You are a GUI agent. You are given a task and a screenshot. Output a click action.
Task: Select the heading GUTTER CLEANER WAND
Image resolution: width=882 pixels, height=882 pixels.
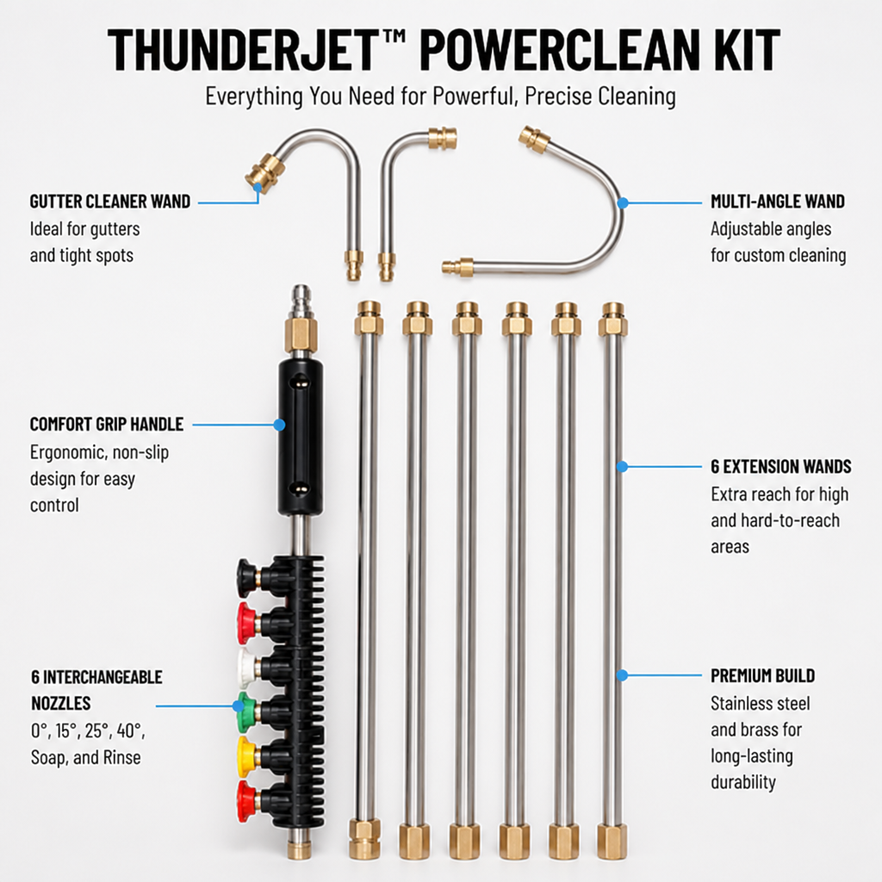110,202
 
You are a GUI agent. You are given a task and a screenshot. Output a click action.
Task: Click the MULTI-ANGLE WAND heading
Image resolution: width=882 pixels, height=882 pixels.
778,202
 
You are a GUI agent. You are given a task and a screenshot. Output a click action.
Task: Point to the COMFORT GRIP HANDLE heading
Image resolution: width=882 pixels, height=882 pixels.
107,424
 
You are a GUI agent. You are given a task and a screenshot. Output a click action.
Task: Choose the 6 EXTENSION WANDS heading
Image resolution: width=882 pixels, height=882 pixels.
780,466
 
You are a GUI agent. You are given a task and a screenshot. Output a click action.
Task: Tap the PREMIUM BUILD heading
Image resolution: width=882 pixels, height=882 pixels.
763,675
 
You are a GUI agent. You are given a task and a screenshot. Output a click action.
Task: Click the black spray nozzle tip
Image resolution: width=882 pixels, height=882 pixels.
245,577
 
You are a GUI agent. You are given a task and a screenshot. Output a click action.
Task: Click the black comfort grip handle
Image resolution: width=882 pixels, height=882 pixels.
301,437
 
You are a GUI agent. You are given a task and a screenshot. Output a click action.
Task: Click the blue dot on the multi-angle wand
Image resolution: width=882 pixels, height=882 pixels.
623,202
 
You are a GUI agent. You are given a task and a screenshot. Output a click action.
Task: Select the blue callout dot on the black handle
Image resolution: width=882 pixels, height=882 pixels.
280,425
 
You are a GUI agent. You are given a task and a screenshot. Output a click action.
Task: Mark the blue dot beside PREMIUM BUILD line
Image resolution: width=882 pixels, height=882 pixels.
622,675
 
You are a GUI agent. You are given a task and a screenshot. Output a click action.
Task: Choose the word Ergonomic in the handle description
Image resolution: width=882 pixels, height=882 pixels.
69,452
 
